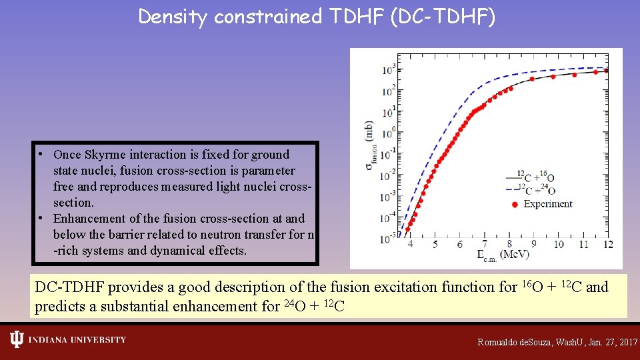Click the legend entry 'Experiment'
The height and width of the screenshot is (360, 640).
(x=547, y=204)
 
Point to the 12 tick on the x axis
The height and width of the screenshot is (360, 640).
(x=607, y=245)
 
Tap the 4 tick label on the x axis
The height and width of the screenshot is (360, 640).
(x=410, y=245)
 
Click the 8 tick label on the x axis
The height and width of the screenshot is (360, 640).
(x=509, y=245)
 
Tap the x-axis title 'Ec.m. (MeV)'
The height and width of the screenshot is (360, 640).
(x=495, y=255)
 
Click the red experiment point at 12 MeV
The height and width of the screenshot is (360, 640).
(x=605, y=71)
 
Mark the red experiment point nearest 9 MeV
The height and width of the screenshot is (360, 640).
(x=532, y=79)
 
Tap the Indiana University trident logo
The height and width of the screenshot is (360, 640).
(x=17, y=340)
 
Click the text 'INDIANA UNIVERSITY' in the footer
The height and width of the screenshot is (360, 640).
(x=77, y=340)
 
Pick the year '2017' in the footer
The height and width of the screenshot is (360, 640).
(x=628, y=342)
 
